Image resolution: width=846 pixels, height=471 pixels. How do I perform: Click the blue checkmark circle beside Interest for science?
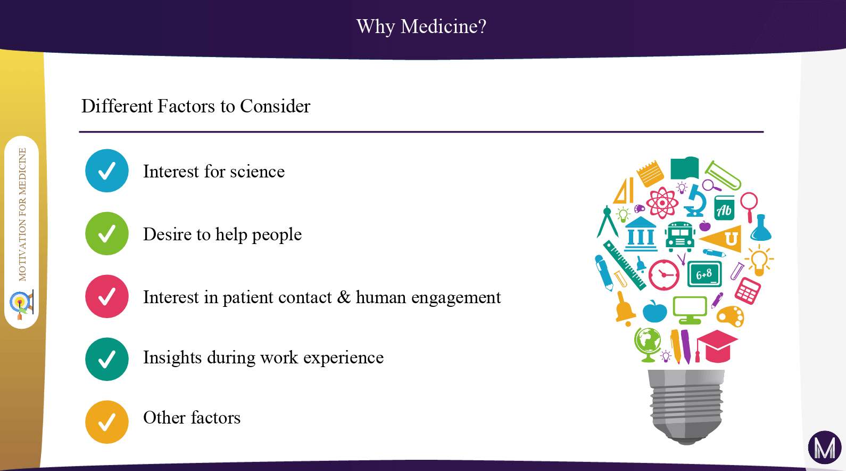click(107, 170)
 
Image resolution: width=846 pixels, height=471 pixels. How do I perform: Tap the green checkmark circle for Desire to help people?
click(107, 233)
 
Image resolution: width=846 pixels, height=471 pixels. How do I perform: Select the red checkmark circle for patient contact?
click(107, 296)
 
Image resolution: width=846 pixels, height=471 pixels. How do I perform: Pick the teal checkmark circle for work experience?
click(107, 359)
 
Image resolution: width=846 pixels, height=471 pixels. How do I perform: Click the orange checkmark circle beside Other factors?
click(107, 422)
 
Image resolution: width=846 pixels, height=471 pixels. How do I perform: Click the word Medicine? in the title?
click(443, 27)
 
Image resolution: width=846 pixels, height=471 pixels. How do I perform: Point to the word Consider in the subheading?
click(275, 106)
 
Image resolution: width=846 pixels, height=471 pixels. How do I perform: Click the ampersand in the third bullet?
click(344, 297)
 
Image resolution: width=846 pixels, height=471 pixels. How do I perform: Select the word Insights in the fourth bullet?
click(172, 358)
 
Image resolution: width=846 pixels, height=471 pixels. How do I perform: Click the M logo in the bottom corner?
click(825, 448)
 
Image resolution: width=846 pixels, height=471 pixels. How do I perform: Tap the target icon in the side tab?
click(21, 305)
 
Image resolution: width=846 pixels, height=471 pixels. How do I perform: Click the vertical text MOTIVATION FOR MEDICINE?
click(23, 215)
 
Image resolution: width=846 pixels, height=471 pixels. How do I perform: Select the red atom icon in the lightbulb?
click(662, 203)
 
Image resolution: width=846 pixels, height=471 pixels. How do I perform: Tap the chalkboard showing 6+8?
click(704, 274)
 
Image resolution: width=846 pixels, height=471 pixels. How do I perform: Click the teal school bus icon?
click(680, 237)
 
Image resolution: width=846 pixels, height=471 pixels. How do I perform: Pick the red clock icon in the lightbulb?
click(663, 275)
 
